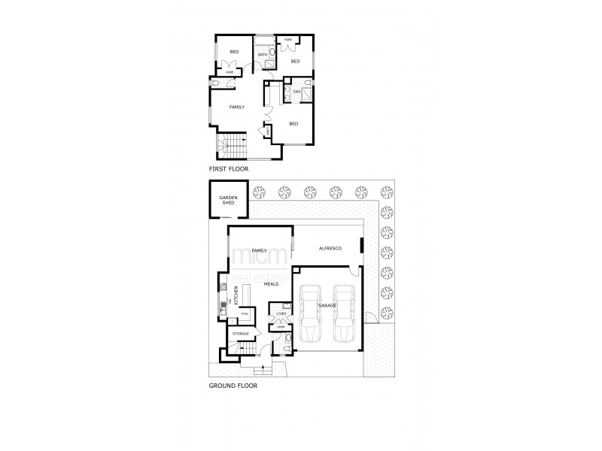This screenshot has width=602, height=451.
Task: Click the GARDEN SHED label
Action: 228,201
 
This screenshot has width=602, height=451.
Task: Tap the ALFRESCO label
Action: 331,248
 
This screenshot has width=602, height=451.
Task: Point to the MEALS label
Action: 272,284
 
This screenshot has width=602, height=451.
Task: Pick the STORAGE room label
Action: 240,333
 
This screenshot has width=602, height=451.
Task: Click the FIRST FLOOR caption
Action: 228,170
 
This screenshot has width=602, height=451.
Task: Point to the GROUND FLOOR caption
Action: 233,386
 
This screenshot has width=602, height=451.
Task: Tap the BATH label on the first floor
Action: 263,55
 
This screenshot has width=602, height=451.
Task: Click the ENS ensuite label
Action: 296,92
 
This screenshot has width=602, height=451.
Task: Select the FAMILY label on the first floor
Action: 237,107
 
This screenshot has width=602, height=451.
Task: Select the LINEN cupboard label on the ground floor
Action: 280,326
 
